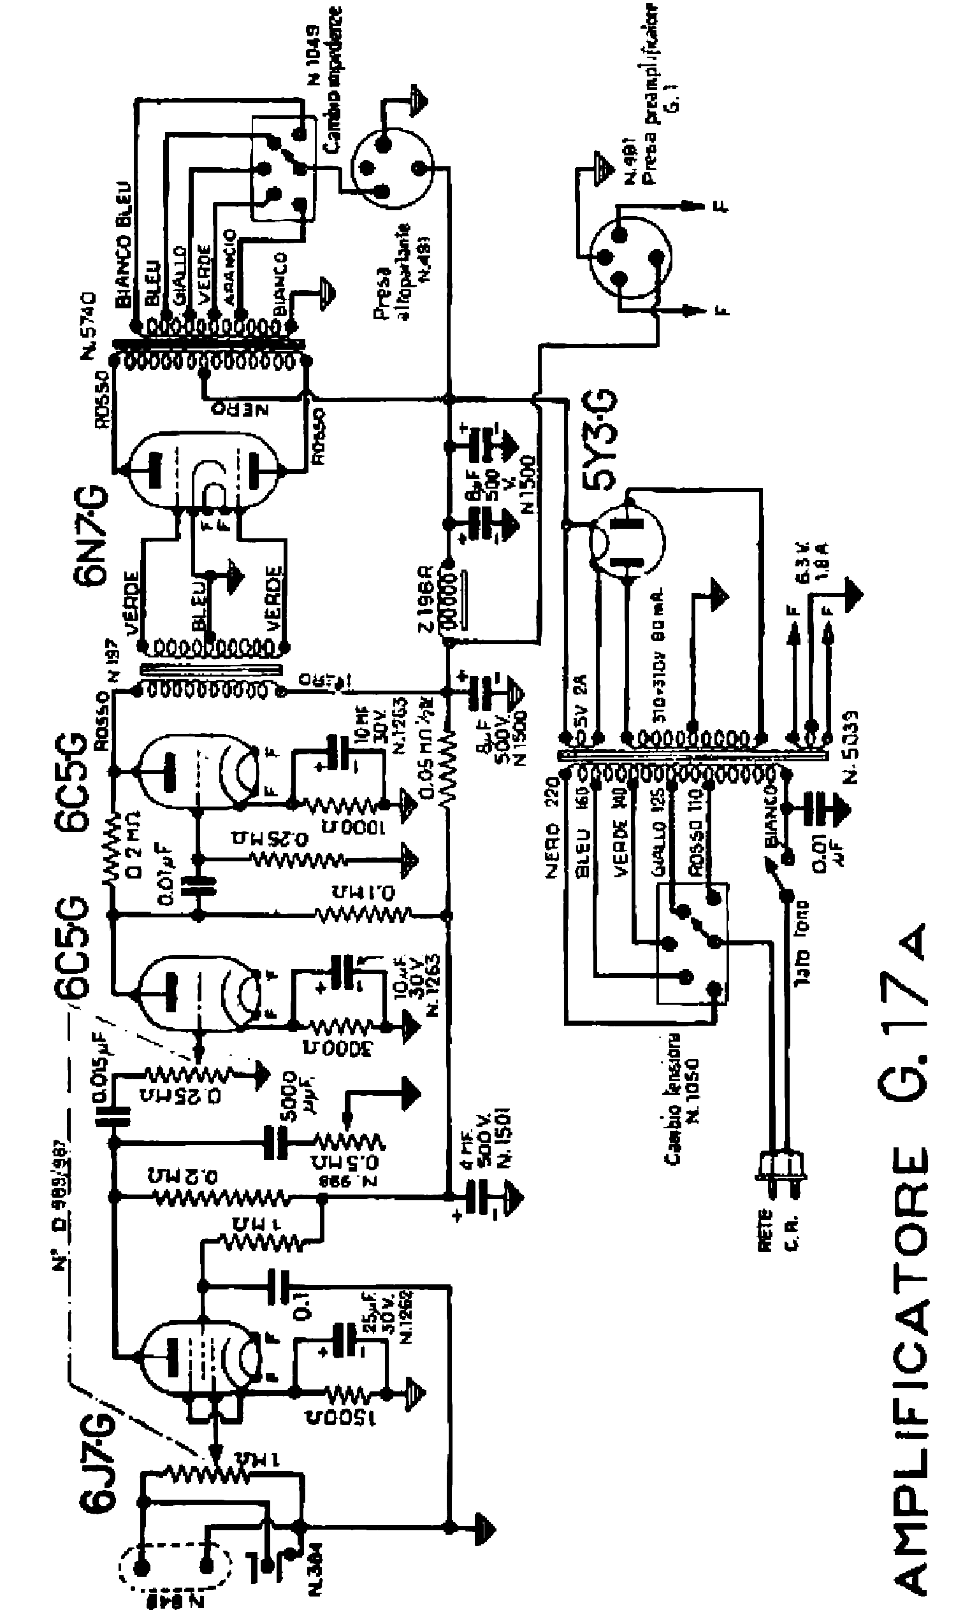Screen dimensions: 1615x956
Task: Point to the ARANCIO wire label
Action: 229,267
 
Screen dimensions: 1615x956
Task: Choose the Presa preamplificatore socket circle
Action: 632,257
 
